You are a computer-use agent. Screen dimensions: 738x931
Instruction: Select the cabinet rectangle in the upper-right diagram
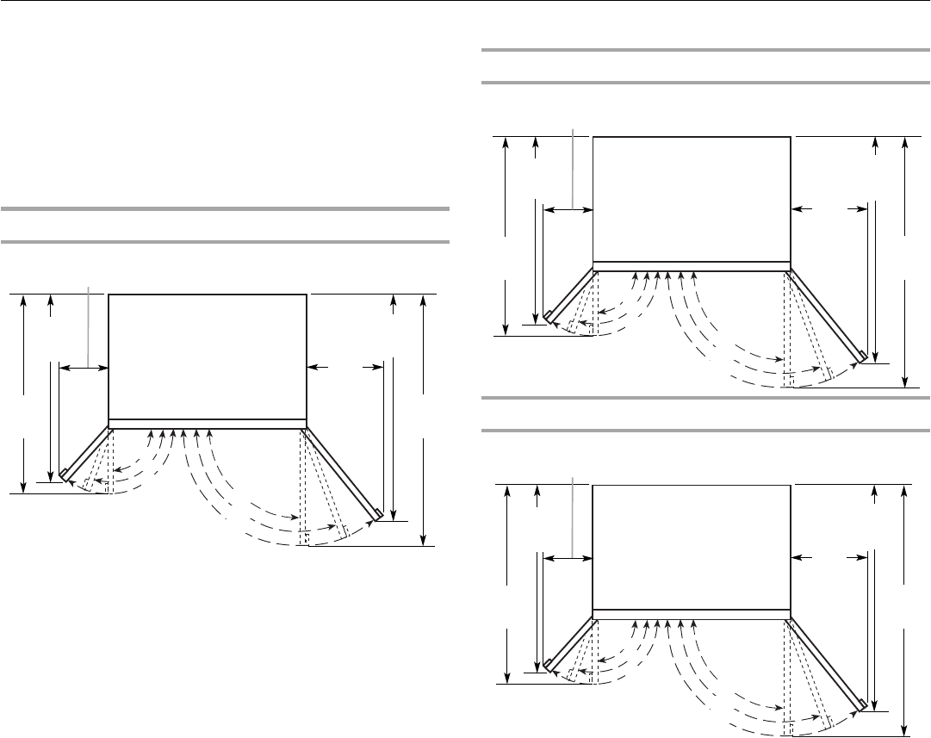[692, 198]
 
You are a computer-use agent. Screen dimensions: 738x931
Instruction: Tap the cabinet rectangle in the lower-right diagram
[692, 546]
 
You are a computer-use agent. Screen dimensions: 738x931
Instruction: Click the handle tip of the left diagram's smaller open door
[63, 471]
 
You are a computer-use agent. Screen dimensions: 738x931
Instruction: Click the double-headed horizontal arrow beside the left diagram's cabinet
[84, 368]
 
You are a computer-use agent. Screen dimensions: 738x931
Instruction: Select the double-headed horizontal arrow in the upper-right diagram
[569, 209]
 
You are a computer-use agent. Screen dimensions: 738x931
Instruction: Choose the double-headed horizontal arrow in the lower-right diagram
[569, 558]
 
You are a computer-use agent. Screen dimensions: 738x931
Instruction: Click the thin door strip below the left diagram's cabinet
[208, 423]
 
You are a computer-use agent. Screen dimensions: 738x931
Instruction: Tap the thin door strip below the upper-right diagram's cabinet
[692, 265]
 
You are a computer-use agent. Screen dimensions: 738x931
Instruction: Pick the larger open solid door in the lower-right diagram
[826, 661]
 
